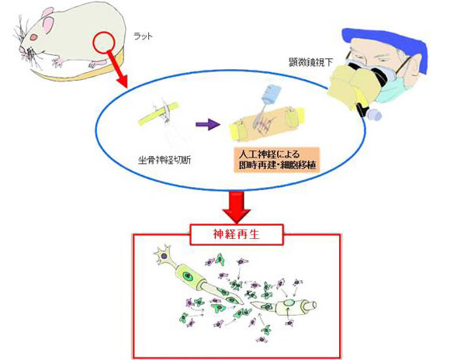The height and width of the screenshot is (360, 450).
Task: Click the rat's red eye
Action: point(34,37)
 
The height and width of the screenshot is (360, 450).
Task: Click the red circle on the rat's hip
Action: point(104,43)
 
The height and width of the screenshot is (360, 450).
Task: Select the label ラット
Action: point(144,36)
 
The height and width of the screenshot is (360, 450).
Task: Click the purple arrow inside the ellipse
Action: point(208,124)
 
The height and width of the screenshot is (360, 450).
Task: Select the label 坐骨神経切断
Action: point(164,160)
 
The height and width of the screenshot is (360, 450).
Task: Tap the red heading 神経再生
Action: point(237,234)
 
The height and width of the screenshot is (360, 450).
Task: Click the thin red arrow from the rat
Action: point(117,68)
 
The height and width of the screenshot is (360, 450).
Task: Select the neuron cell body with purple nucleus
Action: point(164,255)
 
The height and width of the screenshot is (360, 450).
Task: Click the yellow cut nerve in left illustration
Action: point(158,114)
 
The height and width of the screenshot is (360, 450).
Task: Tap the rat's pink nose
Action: point(22,50)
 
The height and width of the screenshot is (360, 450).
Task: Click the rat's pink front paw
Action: point(58,62)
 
